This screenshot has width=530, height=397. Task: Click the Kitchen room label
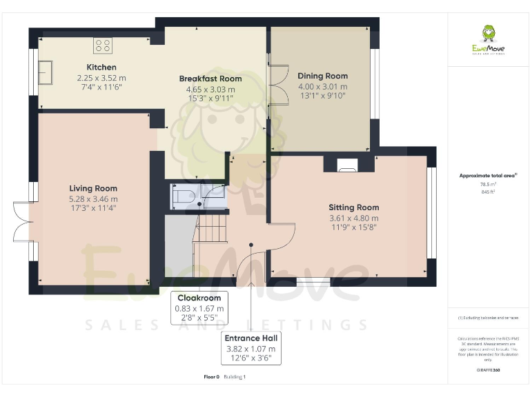101,68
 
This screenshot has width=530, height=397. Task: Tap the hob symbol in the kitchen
103,46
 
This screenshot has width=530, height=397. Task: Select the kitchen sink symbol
46,72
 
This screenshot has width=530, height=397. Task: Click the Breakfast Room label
210,79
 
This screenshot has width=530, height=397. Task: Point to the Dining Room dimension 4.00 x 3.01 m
322,87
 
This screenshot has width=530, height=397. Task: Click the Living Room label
93,188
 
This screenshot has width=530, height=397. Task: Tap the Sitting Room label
353,207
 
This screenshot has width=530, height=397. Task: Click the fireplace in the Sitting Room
346,164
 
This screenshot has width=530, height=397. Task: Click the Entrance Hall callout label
251,338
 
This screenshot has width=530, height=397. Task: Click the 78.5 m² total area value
488,184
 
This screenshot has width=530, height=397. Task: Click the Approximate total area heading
488,176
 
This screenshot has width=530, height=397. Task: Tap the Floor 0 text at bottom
211,377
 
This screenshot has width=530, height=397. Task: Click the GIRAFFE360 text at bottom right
488,370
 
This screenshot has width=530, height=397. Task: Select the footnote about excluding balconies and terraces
488,318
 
